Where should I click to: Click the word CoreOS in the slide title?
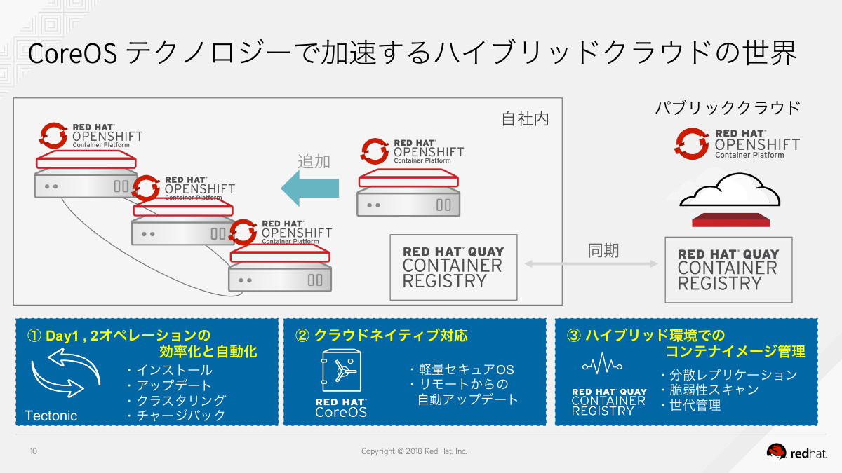pyautogui.click(x=72, y=55)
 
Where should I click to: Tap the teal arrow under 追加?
pyautogui.click(x=309, y=188)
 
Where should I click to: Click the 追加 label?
pyautogui.click(x=314, y=160)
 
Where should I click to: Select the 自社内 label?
pyautogui.click(x=525, y=119)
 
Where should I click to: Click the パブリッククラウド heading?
pyautogui.click(x=727, y=109)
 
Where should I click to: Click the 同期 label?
pyautogui.click(x=603, y=250)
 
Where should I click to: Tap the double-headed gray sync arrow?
pyautogui.click(x=591, y=264)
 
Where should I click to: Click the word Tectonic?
pyautogui.click(x=51, y=416)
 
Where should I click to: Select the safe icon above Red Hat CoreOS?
pyautogui.click(x=341, y=371)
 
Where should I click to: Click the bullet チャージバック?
pyautogui.click(x=176, y=416)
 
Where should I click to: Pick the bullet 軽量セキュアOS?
pyautogui.click(x=462, y=369)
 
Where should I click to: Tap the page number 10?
pyautogui.click(x=34, y=452)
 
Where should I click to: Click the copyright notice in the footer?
pyautogui.click(x=413, y=452)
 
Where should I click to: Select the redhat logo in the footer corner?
pyautogui.click(x=798, y=453)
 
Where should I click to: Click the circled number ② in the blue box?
pyautogui.click(x=302, y=336)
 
